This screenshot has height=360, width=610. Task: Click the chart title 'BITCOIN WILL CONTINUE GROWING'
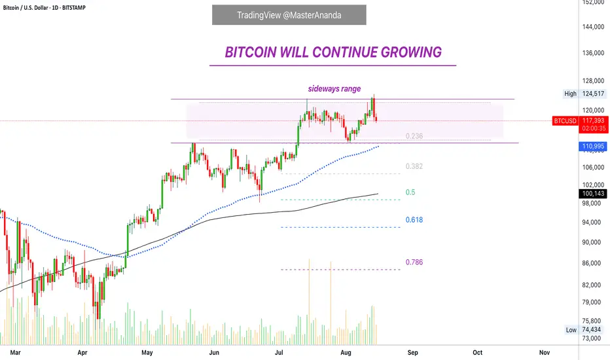[333, 52]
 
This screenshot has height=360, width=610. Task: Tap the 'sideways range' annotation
[334, 89]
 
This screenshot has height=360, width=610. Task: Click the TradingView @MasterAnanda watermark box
[289, 15]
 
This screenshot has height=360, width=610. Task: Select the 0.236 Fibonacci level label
[414, 136]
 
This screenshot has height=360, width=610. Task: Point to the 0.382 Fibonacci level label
[414, 166]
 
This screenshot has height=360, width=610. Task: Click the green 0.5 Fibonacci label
[410, 192]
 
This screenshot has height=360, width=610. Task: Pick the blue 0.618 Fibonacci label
[414, 220]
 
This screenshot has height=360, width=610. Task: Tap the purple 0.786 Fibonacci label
[414, 262]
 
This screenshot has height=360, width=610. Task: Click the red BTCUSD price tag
[565, 121]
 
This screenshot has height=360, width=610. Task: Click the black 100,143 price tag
[593, 194]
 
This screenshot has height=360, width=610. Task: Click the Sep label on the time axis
[412, 352]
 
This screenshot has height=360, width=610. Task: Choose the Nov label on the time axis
[544, 352]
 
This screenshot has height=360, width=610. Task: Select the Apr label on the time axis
[82, 352]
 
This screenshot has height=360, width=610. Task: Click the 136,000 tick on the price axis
[593, 53]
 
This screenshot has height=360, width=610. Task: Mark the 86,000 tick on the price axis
[593, 263]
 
